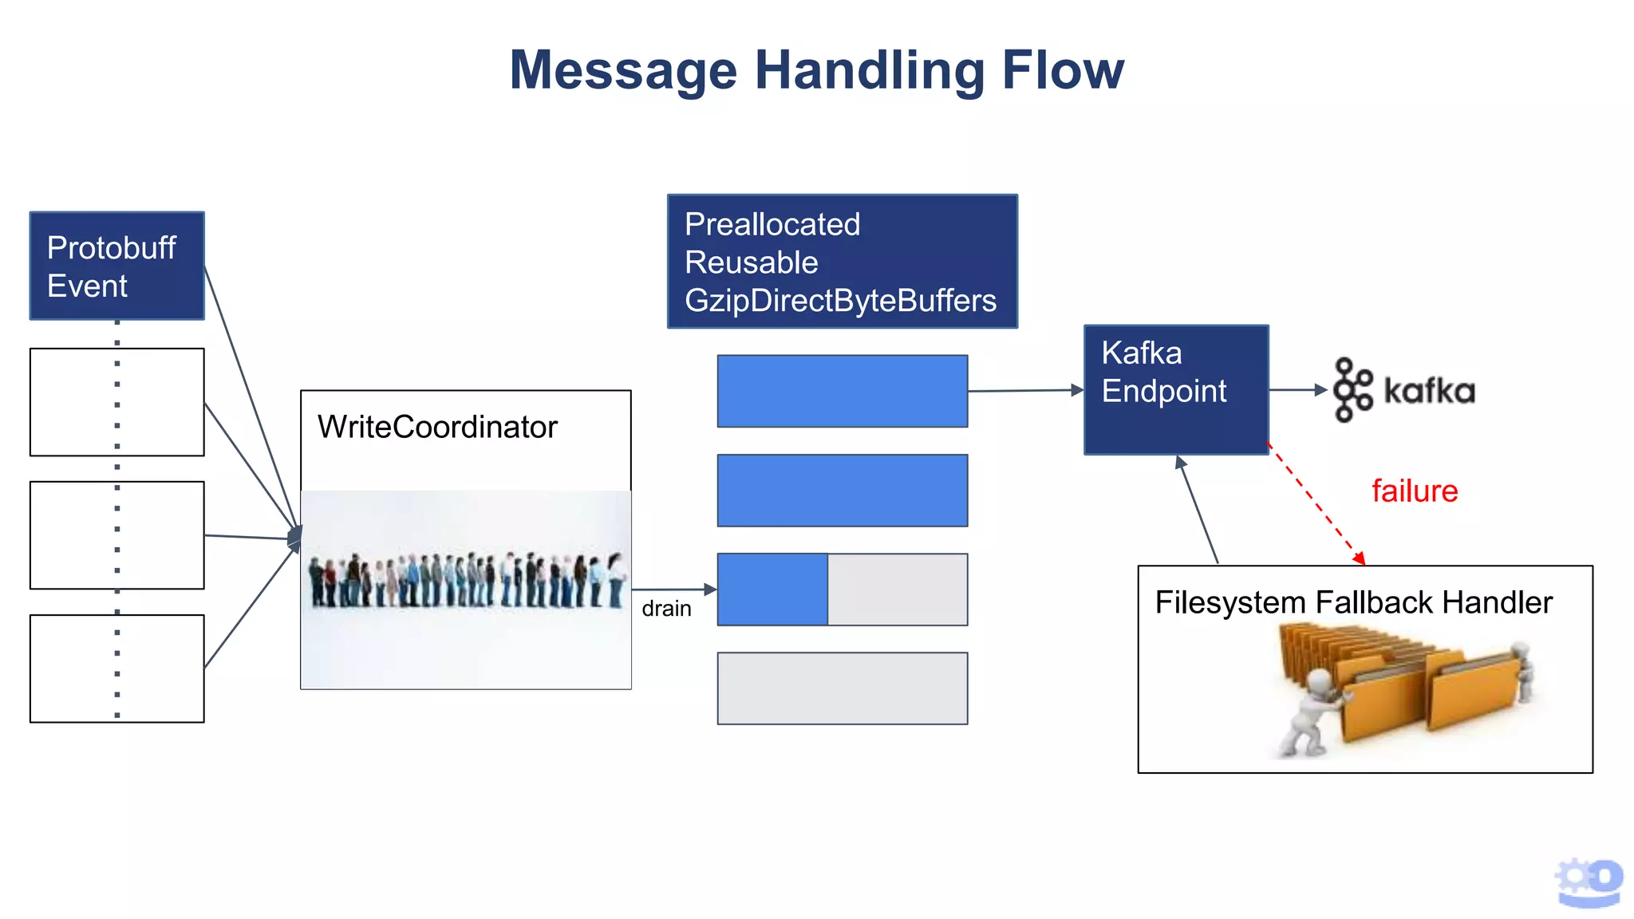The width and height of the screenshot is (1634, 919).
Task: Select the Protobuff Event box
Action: click(116, 266)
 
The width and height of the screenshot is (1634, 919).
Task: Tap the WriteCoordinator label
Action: click(437, 427)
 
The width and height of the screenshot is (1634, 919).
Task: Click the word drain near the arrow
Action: click(666, 609)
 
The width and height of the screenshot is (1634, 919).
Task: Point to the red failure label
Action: click(1415, 491)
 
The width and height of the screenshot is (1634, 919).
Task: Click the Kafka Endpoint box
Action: click(1175, 389)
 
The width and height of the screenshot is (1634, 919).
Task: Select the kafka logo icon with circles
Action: click(1352, 389)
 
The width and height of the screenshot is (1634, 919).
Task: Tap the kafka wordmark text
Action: click(1429, 391)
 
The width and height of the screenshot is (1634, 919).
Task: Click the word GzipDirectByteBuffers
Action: click(840, 301)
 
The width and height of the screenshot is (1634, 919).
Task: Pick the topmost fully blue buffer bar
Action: click(842, 391)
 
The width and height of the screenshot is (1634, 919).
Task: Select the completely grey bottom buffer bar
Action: click(842, 688)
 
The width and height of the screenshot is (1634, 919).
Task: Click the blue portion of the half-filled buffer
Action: click(772, 590)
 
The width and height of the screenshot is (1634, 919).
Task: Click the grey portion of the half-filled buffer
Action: click(898, 590)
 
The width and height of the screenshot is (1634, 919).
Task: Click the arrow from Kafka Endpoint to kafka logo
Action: click(1297, 390)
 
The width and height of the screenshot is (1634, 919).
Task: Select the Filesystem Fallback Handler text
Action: click(1353, 602)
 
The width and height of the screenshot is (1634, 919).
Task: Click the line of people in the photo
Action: click(467, 580)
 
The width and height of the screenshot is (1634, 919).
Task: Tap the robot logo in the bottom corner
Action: click(1589, 882)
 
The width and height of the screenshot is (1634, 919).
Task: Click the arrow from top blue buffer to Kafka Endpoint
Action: click(1025, 391)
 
